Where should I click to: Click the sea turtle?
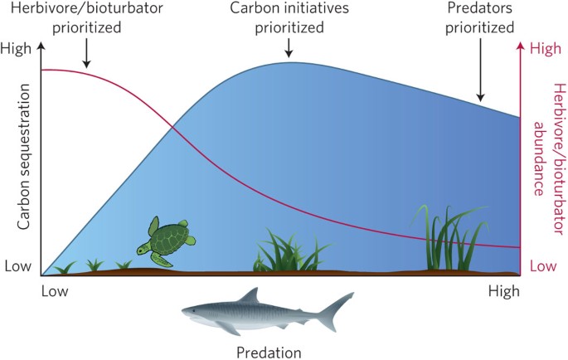(167, 241)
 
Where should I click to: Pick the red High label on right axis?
(545, 49)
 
